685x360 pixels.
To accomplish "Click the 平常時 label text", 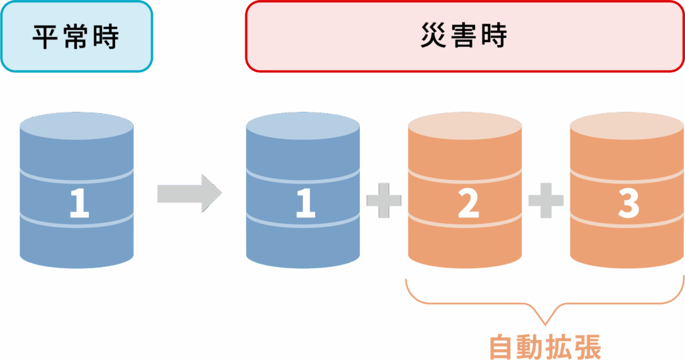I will (76, 37).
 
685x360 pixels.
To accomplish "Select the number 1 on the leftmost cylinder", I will (79, 203).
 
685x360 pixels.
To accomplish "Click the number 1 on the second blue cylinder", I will (305, 203).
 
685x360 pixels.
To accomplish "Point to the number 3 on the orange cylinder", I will (628, 203).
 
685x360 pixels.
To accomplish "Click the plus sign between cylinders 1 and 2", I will (384, 201).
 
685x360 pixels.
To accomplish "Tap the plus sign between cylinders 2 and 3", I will (546, 201).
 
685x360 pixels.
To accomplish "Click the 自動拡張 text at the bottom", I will (545, 347).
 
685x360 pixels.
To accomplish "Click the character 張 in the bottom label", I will (589, 347).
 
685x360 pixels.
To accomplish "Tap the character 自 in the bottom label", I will (501, 347).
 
